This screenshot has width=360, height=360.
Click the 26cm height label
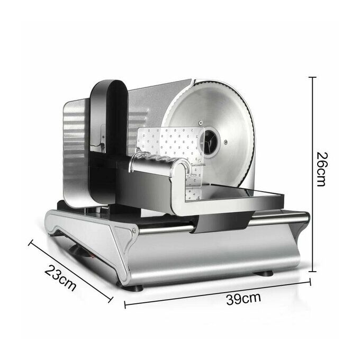point(321,169)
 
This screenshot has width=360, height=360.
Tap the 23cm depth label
point(60,278)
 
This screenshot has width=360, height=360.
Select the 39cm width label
point(244,299)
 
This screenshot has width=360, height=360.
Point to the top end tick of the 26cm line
point(312,78)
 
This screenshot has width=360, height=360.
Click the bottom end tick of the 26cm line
point(312,272)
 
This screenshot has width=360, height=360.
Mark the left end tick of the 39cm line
point(125,304)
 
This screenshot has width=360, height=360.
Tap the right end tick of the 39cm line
point(310,282)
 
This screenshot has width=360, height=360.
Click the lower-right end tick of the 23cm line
point(111,300)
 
